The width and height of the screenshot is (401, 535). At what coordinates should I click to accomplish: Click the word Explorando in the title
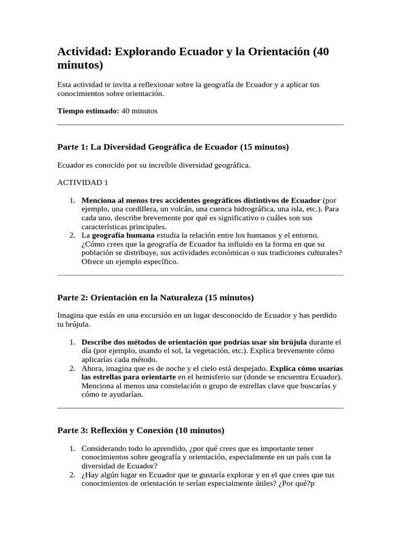(146, 52)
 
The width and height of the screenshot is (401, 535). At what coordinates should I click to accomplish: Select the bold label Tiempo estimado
(88, 111)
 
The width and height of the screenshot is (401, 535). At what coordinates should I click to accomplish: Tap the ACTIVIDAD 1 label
(82, 182)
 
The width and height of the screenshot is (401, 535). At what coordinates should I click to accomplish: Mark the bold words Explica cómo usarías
(306, 368)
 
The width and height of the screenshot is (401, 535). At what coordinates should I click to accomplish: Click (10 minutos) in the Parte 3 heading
(200, 431)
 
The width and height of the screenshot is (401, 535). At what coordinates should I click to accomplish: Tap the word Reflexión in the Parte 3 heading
(109, 431)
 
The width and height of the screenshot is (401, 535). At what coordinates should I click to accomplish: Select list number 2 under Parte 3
(73, 475)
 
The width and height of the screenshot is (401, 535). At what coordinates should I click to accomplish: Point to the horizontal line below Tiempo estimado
(200, 125)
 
